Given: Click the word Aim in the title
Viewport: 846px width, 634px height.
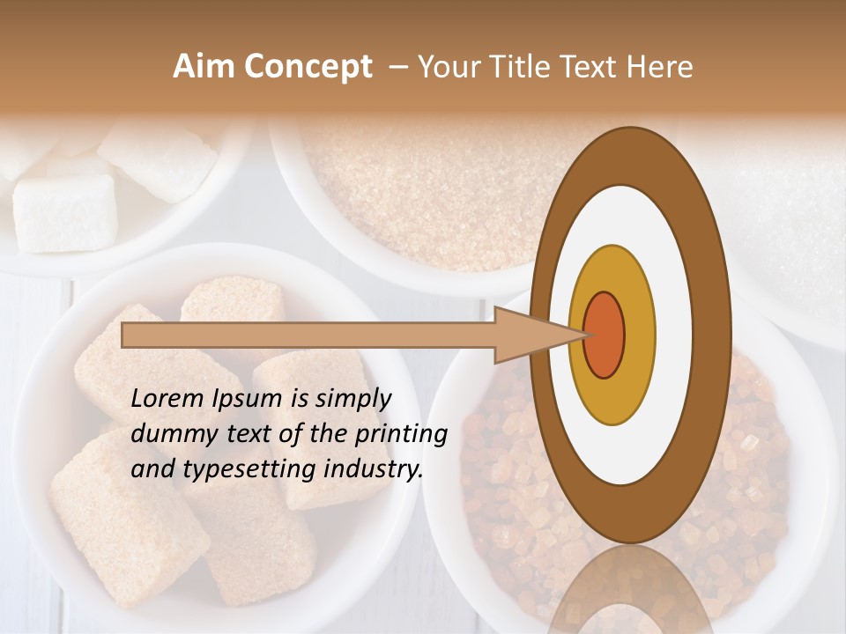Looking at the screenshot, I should [202, 67].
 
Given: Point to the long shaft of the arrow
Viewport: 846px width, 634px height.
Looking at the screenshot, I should [308, 335].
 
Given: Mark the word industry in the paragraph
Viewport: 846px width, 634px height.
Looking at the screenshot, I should [374, 470].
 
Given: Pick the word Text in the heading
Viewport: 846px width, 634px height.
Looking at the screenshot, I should [592, 67].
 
